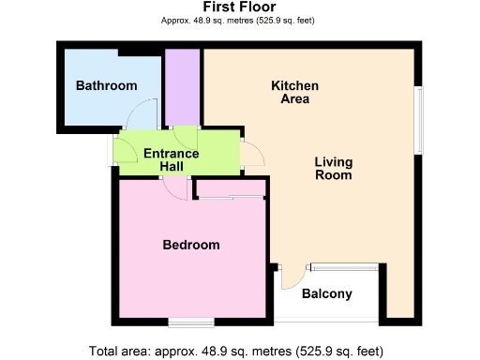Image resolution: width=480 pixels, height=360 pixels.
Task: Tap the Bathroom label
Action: pos(106,85)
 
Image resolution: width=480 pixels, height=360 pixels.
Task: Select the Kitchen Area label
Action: pos(295,92)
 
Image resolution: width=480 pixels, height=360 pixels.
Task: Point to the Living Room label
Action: pos(333,168)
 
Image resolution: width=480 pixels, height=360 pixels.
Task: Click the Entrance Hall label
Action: pos(171,159)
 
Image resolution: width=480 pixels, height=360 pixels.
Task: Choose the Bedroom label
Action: pos(191,245)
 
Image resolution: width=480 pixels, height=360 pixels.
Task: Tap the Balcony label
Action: pos(327,294)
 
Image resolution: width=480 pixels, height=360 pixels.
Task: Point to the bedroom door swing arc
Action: pos(173,186)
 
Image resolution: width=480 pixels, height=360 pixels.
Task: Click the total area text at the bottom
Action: pos(236,351)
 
